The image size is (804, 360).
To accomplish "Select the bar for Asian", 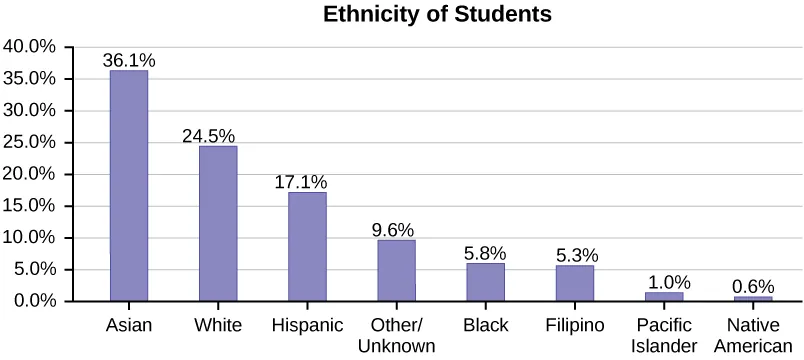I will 128,185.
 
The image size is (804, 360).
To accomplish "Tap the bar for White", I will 218,223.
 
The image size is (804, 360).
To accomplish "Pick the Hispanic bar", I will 307,246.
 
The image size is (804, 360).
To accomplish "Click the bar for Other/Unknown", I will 396,270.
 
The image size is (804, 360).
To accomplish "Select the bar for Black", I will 485,282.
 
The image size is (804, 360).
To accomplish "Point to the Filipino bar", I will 574,283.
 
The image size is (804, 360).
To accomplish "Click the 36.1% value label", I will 128,60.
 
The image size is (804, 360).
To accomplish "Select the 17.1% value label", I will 301,182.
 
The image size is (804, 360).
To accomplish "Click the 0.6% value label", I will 753,285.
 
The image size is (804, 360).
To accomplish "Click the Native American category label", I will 752,335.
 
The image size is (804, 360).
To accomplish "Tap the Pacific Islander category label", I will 663,335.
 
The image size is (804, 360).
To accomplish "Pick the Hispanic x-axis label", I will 307,325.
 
